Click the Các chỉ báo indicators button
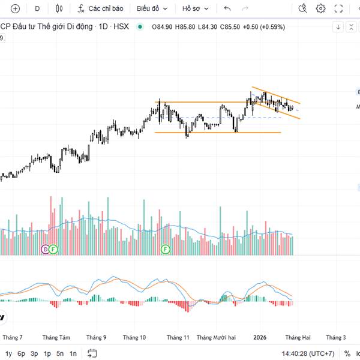(x=100, y=8)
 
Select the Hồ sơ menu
(x=195, y=8)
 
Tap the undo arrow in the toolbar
(x=227, y=8)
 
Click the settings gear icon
(x=321, y=8)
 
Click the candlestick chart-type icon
(x=58, y=8)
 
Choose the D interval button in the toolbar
(x=37, y=8)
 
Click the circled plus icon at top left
(x=16, y=8)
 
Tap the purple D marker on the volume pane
(x=44, y=248)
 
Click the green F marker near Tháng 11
(x=166, y=248)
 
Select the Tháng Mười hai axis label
(x=216, y=337)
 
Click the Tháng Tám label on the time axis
(x=56, y=337)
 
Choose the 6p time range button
(x=22, y=353)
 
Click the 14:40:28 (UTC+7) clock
(x=308, y=353)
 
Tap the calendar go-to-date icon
(x=92, y=353)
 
